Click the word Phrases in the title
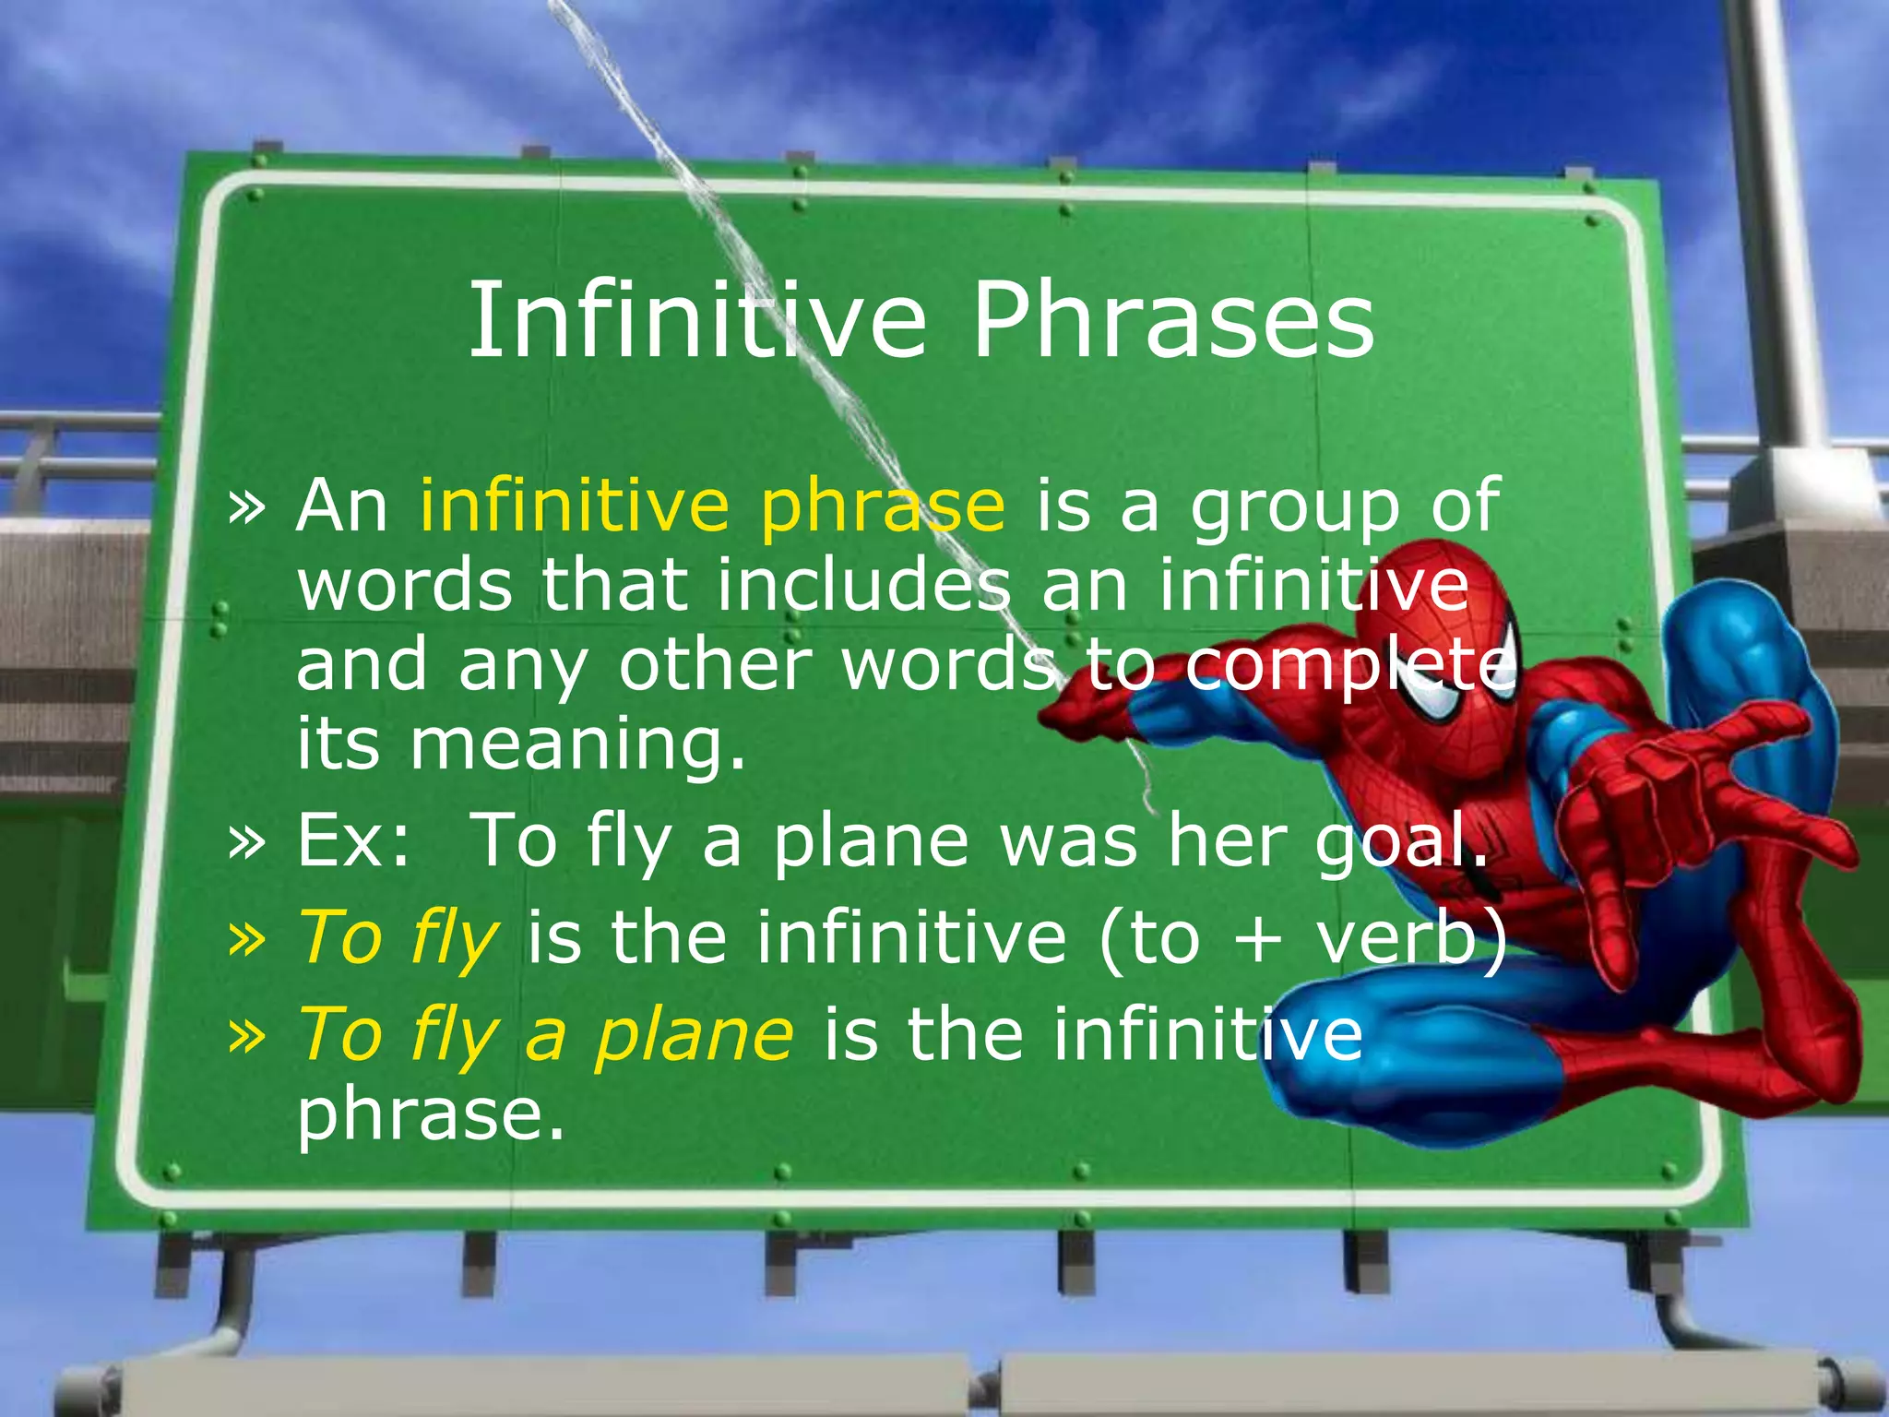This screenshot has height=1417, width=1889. [1172, 320]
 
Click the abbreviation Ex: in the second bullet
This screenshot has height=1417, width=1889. [353, 840]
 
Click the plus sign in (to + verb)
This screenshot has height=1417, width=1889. [1257, 939]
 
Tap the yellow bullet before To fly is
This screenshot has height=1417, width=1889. [246, 937]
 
